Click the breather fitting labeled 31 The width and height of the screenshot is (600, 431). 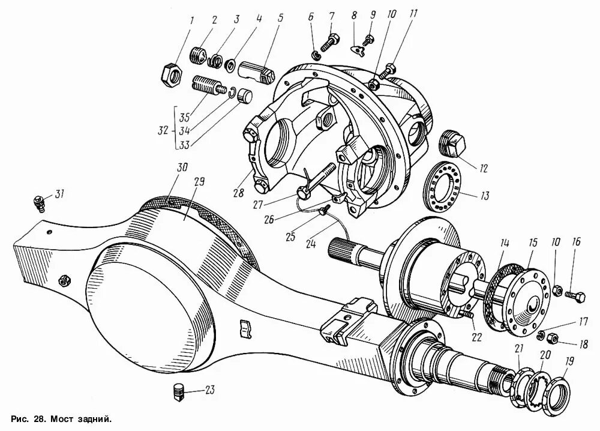tap(39, 203)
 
